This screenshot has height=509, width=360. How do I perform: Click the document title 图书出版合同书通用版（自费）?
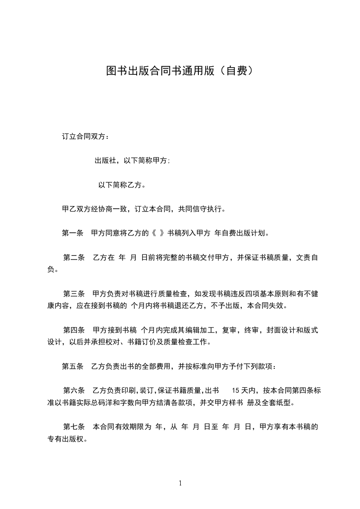(x=180, y=71)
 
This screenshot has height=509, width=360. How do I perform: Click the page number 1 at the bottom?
(x=180, y=484)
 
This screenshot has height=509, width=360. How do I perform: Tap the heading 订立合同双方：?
(x=85, y=136)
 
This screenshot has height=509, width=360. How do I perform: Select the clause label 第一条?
(x=72, y=234)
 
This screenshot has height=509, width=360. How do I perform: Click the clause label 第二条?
(x=74, y=258)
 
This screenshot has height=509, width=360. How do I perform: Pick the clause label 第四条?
(x=74, y=330)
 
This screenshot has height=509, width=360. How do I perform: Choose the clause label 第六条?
(x=74, y=390)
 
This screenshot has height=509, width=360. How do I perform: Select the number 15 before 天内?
(x=236, y=390)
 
